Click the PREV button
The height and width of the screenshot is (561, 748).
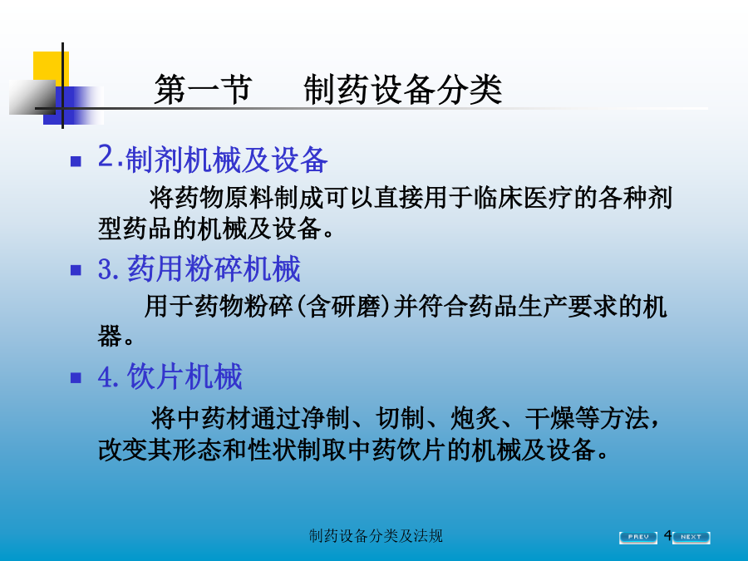point(637,537)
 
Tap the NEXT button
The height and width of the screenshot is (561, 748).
point(691,537)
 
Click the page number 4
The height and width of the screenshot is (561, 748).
point(668,534)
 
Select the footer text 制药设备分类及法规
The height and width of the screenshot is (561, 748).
point(376,536)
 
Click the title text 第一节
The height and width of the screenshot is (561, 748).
point(202,89)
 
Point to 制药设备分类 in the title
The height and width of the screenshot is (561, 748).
point(402,89)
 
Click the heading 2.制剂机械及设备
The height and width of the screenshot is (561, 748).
point(213,159)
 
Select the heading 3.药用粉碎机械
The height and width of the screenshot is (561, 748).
point(199,268)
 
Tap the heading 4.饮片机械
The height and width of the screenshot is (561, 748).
point(170,376)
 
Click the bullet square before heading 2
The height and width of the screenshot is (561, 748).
point(76,161)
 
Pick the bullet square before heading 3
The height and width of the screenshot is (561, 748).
point(76,270)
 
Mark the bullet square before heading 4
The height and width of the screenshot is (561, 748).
point(76,378)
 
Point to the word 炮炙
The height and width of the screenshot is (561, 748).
point(475,418)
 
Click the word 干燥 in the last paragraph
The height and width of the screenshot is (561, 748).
point(549,418)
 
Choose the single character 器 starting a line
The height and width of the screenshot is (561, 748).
point(110,337)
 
